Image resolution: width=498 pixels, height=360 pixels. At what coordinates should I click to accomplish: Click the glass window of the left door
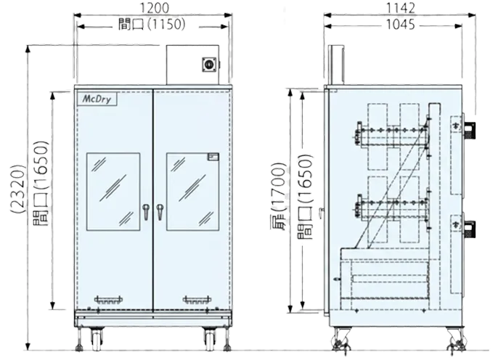pyautogui.click(x=113, y=191)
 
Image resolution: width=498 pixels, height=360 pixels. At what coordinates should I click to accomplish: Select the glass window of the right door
pyautogui.click(x=192, y=191)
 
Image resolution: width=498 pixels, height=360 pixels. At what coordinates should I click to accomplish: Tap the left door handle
pyautogui.click(x=145, y=212)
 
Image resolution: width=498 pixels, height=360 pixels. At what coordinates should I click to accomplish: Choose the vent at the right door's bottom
pyautogui.click(x=196, y=299)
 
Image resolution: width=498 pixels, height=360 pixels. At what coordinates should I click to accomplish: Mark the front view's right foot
pyautogui.click(x=213, y=337)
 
